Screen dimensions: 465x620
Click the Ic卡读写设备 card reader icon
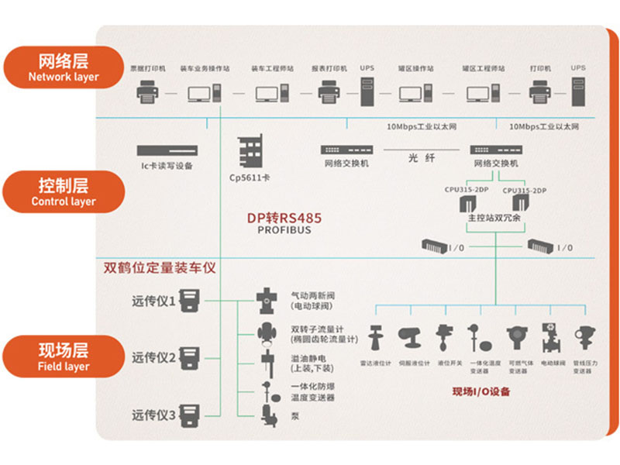[x=167, y=150]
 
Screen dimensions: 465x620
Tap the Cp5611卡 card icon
[x=250, y=150]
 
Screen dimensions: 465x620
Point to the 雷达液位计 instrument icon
[x=377, y=338]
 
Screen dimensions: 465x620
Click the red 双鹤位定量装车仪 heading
[x=160, y=268]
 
